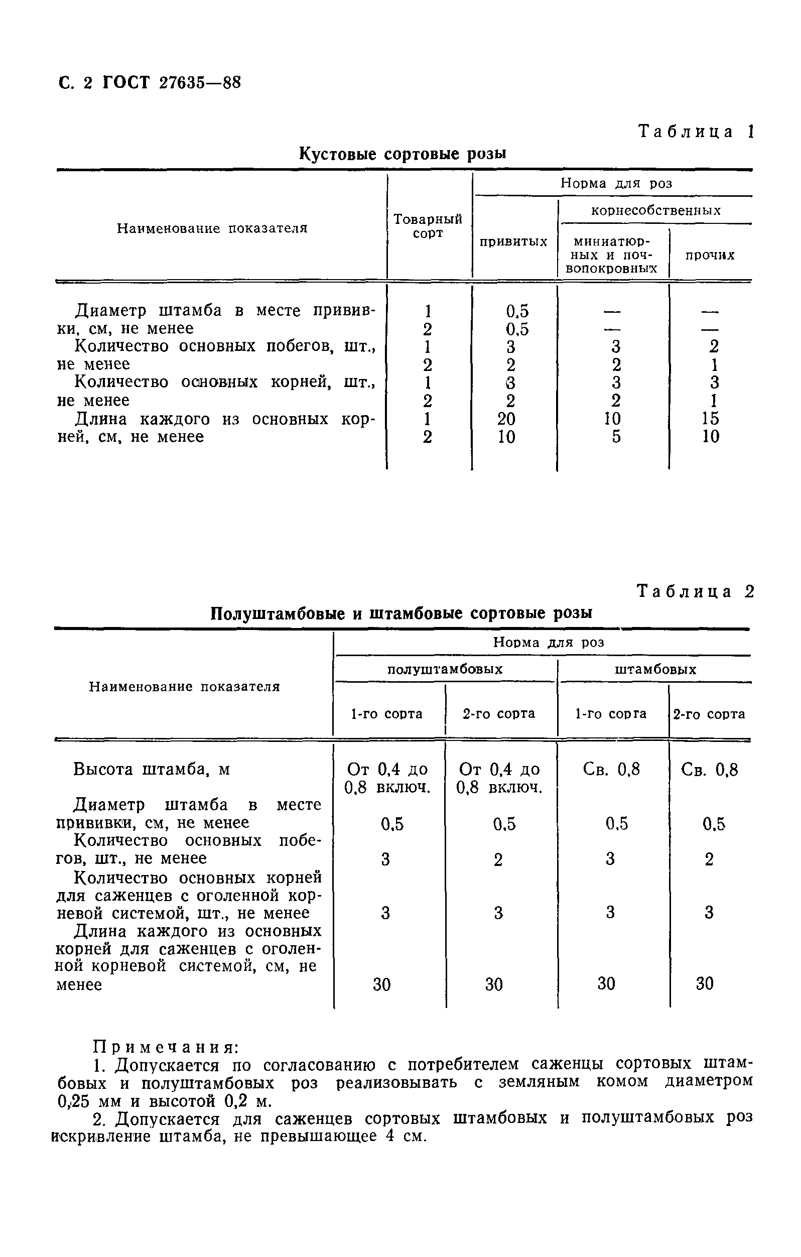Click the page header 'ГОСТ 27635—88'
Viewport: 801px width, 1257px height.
click(172, 83)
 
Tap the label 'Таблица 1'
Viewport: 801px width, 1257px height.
click(696, 132)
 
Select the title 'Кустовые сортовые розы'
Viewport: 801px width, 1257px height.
click(403, 154)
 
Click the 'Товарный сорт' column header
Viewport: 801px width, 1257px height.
click(428, 226)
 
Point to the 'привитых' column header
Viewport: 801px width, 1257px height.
click(513, 241)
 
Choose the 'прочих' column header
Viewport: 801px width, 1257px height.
click(710, 255)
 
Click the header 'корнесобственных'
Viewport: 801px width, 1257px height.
click(655, 210)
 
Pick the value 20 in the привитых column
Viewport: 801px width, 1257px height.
click(506, 419)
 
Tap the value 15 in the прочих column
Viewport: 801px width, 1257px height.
click(710, 419)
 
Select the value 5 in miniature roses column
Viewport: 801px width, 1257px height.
click(616, 437)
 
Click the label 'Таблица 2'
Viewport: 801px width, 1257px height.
click(695, 591)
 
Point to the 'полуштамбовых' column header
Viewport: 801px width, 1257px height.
click(445, 669)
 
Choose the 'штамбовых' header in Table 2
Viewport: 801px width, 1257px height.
click(655, 669)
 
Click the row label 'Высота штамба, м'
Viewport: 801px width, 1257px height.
click(152, 770)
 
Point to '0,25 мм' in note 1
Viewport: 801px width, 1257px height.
click(89, 1101)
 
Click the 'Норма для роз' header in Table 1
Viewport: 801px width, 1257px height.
click(616, 183)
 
